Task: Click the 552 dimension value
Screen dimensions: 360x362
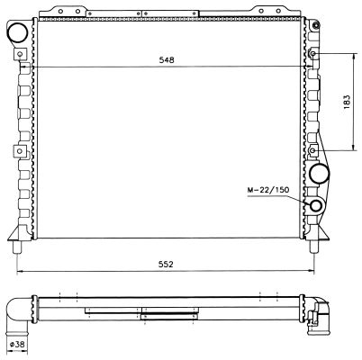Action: click(167, 264)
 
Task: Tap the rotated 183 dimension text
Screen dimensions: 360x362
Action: click(347, 102)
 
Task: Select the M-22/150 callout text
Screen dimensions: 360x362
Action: click(267, 191)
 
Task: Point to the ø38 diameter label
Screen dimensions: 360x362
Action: click(17, 344)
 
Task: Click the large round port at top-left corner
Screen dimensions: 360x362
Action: click(17, 33)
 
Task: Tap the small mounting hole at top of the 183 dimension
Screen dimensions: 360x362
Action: click(312, 55)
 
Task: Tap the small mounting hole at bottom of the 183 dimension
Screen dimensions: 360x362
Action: click(312, 149)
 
